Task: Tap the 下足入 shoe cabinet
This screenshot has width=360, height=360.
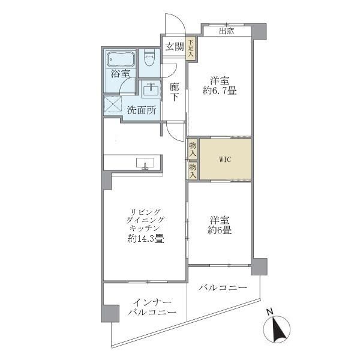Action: [x=190, y=49]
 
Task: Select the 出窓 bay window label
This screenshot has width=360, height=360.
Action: [x=226, y=32]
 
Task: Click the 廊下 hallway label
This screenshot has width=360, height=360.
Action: [x=174, y=91]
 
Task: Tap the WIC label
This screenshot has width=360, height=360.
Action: [x=225, y=159]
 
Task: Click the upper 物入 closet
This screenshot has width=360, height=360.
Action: [x=193, y=148]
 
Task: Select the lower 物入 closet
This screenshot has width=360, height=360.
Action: [x=193, y=171]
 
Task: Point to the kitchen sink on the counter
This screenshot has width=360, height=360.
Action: [x=145, y=163]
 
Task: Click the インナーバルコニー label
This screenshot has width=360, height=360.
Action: [x=151, y=307]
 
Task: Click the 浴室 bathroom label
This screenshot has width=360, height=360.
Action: [x=120, y=74]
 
